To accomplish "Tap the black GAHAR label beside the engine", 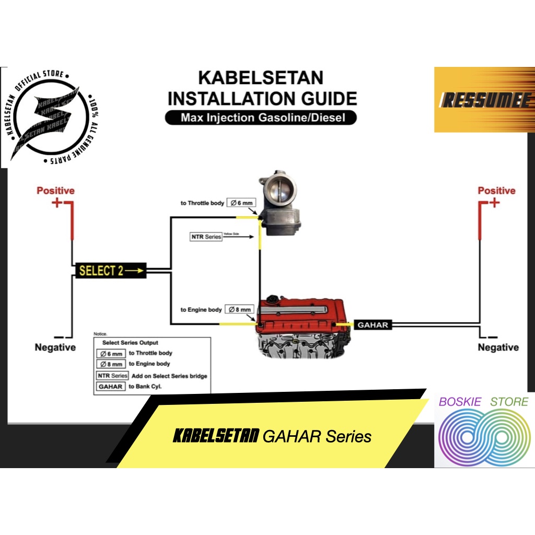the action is click(373, 324).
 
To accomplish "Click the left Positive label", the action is click(55, 191).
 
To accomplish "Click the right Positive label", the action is click(496, 191).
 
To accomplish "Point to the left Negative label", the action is click(55, 347).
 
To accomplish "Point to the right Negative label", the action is click(498, 347).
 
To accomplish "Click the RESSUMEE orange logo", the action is click(484, 99).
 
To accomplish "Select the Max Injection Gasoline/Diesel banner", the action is click(261, 118).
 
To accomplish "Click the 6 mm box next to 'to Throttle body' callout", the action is click(240, 203).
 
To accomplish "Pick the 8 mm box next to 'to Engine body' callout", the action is click(240, 309).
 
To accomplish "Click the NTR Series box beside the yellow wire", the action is click(206, 237).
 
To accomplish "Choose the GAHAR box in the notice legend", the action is click(111, 387).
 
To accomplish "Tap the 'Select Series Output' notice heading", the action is click(130, 343).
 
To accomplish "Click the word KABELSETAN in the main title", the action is click(261, 78).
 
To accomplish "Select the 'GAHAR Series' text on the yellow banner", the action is click(317, 436).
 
